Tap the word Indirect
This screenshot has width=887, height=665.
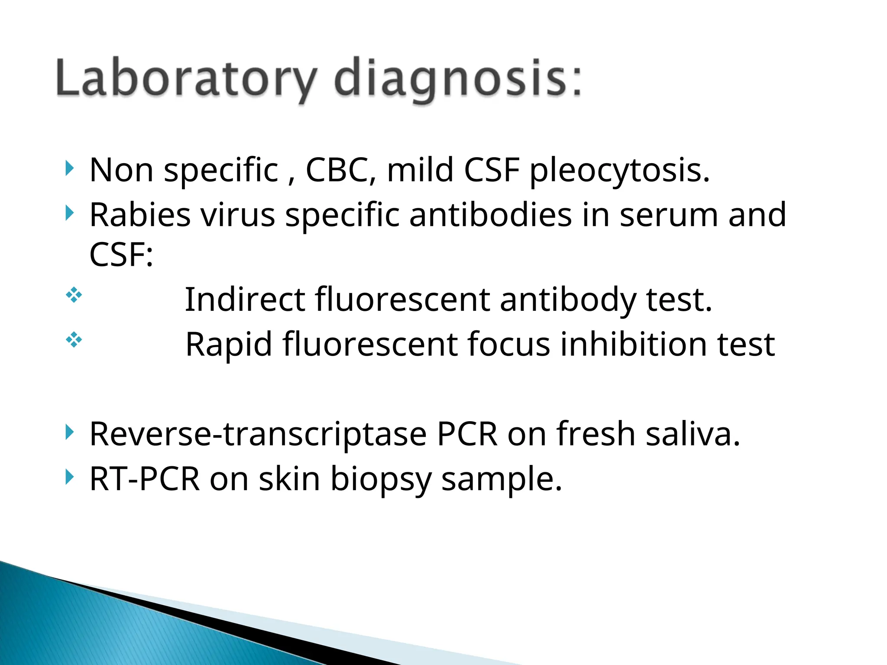click(x=245, y=300)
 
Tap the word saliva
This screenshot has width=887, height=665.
click(x=693, y=434)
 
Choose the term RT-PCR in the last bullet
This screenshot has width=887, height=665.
click(x=145, y=479)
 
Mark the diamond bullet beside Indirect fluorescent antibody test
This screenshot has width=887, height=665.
click(x=74, y=295)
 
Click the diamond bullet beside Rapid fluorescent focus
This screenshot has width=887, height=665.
click(x=74, y=340)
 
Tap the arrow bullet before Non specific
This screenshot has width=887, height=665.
click(x=69, y=168)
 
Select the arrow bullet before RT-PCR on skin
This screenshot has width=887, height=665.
click(x=69, y=477)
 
